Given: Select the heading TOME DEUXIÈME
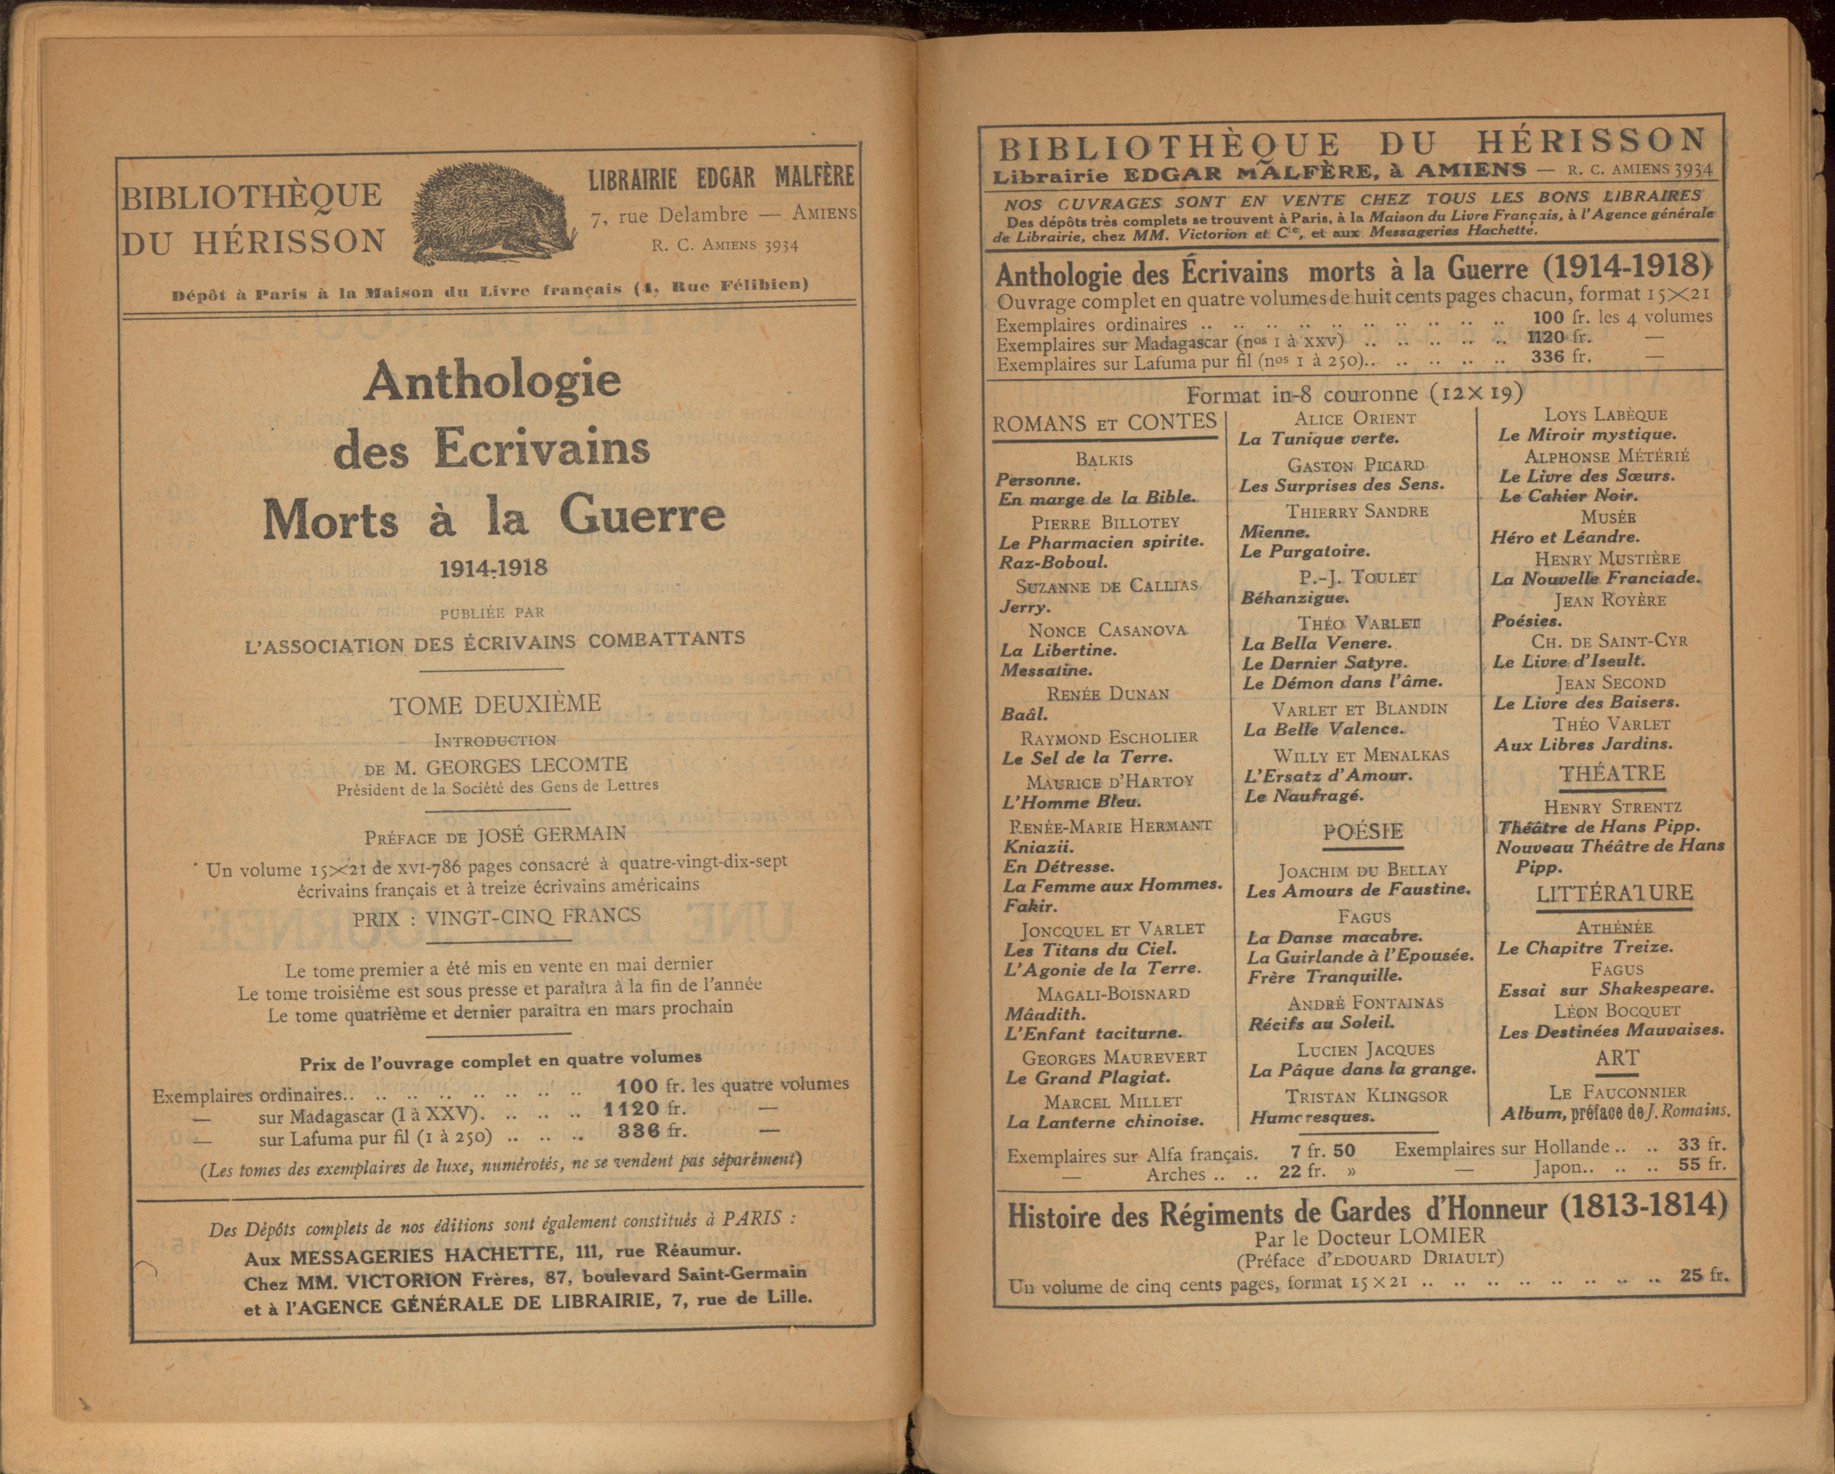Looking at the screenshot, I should [x=495, y=704].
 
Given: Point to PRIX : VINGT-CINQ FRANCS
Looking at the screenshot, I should [x=496, y=917].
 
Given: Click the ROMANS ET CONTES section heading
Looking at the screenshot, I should [x=1104, y=423].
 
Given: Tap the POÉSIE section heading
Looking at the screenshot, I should [x=1362, y=831].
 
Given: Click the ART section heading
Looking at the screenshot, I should [x=1616, y=1058].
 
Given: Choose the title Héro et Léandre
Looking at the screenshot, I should [x=1564, y=537].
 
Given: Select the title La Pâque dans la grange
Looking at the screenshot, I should [x=1362, y=1070].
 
